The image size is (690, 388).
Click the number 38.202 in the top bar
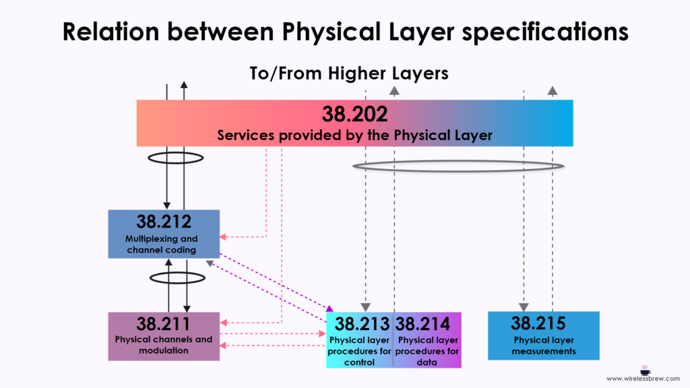pos(354,114)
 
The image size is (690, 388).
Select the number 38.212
pos(164,221)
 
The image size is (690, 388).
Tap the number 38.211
pos(164,324)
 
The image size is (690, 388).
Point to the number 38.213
pos(362,324)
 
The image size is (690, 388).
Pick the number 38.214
pos(422,324)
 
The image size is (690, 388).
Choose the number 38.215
pos(538,323)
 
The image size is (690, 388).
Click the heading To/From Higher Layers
pos(349,73)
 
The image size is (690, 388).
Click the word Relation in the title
pos(111,32)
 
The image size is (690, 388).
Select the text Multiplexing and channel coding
pos(162,244)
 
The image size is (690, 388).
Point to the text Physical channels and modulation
pos(164,345)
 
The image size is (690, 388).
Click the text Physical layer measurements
pos(544,346)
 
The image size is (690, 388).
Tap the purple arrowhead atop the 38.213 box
pos(330,309)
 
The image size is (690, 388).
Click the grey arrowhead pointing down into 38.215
pos(524,307)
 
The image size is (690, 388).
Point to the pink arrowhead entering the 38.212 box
pos(222,236)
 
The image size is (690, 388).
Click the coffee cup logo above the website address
pos(645,370)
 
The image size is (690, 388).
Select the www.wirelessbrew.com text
pos(643,379)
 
